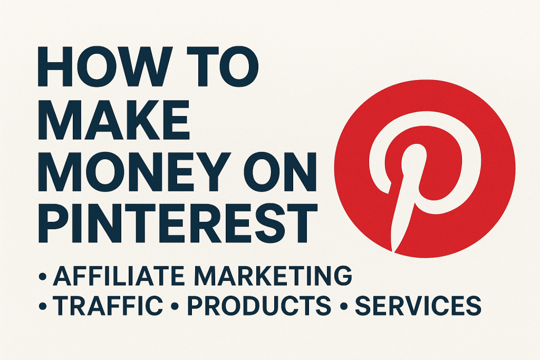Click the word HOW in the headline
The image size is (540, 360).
click(x=105, y=66)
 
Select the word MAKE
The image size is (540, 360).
click(x=114, y=120)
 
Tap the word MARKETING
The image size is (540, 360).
click(x=273, y=276)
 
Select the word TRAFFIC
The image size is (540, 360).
click(x=108, y=305)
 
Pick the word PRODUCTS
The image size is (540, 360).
click(x=259, y=305)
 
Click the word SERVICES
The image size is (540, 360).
click(x=418, y=305)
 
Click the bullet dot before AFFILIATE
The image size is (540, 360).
click(x=43, y=276)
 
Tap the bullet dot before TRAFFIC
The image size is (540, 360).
click(x=43, y=306)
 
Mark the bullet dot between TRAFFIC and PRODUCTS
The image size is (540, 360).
click(x=175, y=306)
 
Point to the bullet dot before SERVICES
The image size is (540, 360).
click(x=343, y=306)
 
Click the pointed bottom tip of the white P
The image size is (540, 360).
click(x=393, y=252)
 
